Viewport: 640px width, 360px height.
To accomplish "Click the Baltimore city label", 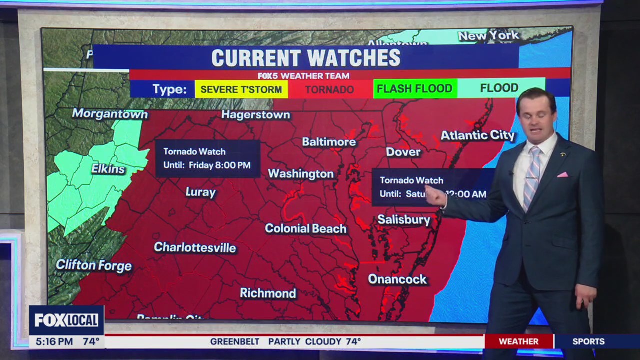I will pyautogui.click(x=329, y=142).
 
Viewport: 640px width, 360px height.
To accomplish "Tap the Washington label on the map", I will pyautogui.click(x=301, y=174).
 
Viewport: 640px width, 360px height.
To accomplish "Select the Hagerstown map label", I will pyautogui.click(x=255, y=115).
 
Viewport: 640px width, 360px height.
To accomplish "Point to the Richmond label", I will pyautogui.click(x=268, y=293).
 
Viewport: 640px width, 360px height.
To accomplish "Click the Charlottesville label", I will pyautogui.click(x=195, y=247).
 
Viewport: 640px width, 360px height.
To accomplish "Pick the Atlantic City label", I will pyautogui.click(x=477, y=135).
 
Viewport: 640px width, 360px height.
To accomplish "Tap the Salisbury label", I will pyautogui.click(x=403, y=220).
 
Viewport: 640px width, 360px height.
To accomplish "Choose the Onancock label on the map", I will pyautogui.click(x=397, y=279).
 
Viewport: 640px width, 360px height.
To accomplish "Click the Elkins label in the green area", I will pyautogui.click(x=108, y=169).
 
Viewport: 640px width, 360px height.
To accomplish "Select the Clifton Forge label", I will pyautogui.click(x=94, y=265).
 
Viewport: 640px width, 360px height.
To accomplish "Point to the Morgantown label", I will pyautogui.click(x=110, y=114).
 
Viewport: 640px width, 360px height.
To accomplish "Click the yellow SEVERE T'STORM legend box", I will pyautogui.click(x=241, y=89).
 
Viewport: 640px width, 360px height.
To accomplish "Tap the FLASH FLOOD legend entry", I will pyautogui.click(x=414, y=89).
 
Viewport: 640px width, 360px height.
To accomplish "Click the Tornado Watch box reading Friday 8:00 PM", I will pyautogui.click(x=207, y=158).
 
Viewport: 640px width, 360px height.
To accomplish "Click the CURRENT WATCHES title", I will pyautogui.click(x=306, y=58).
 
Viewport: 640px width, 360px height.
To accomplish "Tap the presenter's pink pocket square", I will pyautogui.click(x=562, y=174).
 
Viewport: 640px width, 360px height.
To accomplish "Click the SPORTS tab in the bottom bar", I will pyautogui.click(x=588, y=341).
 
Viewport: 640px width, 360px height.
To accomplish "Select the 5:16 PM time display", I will pyautogui.click(x=54, y=342).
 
